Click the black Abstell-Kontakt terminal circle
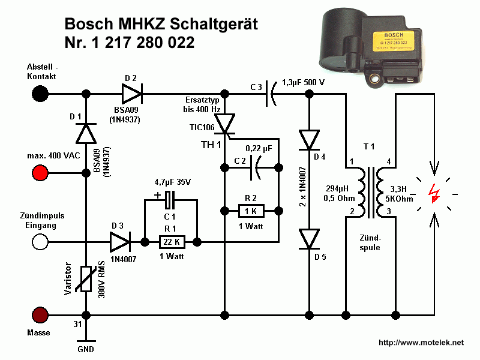click(x=41, y=94)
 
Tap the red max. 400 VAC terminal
click(x=41, y=173)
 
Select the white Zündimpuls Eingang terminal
click(x=41, y=242)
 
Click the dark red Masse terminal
click(x=41, y=314)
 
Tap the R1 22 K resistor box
click(x=172, y=242)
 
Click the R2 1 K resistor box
click(x=251, y=211)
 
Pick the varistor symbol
click(x=86, y=279)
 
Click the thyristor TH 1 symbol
click(x=226, y=124)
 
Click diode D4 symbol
click(x=310, y=139)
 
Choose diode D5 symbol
click(x=310, y=239)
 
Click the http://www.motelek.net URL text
click(x=421, y=343)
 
